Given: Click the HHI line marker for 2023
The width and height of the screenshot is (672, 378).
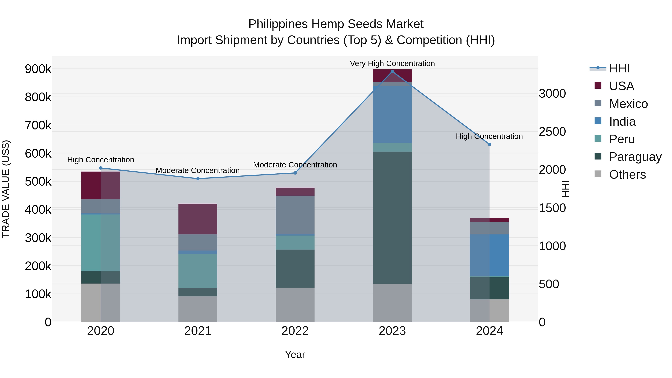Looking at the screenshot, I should tap(392, 71).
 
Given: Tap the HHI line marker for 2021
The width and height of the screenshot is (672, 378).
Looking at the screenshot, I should tap(198, 179).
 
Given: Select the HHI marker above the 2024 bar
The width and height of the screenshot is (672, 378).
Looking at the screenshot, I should tap(489, 144).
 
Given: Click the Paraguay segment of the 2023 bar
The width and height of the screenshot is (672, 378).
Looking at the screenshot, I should tap(392, 218).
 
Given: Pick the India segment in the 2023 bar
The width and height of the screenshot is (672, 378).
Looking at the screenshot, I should tap(392, 115).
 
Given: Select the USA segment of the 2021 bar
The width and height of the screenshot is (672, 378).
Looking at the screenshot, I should tap(198, 219).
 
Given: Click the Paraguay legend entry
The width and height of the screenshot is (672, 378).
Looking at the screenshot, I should tap(635, 157).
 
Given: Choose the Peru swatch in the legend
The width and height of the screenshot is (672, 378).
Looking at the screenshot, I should tap(598, 139).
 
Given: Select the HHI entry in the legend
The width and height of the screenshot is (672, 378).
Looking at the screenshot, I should tap(619, 68).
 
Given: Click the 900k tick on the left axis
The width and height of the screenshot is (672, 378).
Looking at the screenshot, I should tap(38, 69).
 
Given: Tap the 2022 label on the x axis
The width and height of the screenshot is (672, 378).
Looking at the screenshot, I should tap(295, 331).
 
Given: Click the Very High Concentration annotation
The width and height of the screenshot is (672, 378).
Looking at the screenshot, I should tap(392, 63).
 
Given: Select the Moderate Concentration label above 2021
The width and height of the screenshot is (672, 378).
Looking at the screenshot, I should tap(198, 170).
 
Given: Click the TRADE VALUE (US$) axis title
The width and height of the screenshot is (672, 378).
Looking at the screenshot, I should tap(6, 189).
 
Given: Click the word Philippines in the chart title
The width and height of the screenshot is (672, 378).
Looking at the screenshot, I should tap(278, 24).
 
